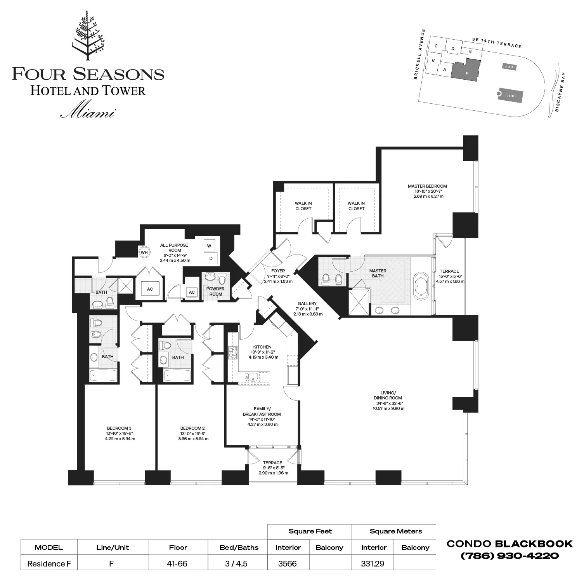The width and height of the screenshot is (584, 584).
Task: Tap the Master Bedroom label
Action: (427, 186)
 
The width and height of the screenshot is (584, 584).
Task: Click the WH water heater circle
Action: (144, 253)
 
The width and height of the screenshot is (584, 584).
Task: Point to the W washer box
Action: (209, 246)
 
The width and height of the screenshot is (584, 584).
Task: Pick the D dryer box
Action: (211, 258)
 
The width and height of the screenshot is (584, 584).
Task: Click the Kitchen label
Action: (262, 347)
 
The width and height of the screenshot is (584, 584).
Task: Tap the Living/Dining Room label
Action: (388, 396)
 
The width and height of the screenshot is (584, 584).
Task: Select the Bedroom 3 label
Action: (119, 428)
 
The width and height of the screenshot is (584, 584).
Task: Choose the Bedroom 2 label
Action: (192, 428)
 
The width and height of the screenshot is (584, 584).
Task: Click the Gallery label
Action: (307, 303)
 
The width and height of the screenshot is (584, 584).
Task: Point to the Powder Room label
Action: (215, 291)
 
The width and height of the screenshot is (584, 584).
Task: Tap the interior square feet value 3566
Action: (287, 563)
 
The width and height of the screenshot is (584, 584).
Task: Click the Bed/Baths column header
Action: (239, 547)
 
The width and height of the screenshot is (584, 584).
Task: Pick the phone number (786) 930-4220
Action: (509, 556)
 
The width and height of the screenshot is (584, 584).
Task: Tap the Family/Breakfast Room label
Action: (262, 411)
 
